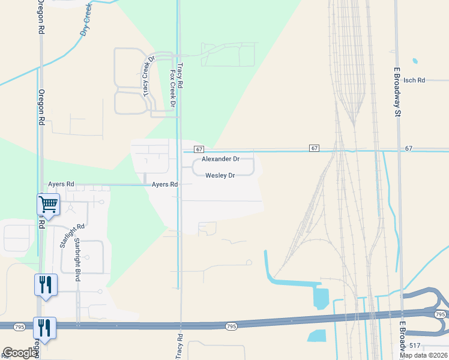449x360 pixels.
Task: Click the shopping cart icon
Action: pos(47,204)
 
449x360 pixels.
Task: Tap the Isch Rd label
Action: pos(414,80)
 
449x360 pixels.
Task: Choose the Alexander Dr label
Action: pos(220,159)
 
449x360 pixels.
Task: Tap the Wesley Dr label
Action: pos(220,175)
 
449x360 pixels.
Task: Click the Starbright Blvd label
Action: pos(77,260)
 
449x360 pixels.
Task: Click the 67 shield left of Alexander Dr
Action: pos(199,149)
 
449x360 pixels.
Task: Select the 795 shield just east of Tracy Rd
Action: pos(232,326)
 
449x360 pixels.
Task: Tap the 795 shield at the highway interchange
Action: pos(439,314)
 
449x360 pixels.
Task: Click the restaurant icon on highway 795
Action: pos(44,328)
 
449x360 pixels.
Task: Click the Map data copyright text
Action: pos(423,355)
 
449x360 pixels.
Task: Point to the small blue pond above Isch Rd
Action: pos(415,61)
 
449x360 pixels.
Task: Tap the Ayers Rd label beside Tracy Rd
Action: pos(164,185)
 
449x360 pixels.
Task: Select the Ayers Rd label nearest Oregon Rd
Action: pos(61,184)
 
